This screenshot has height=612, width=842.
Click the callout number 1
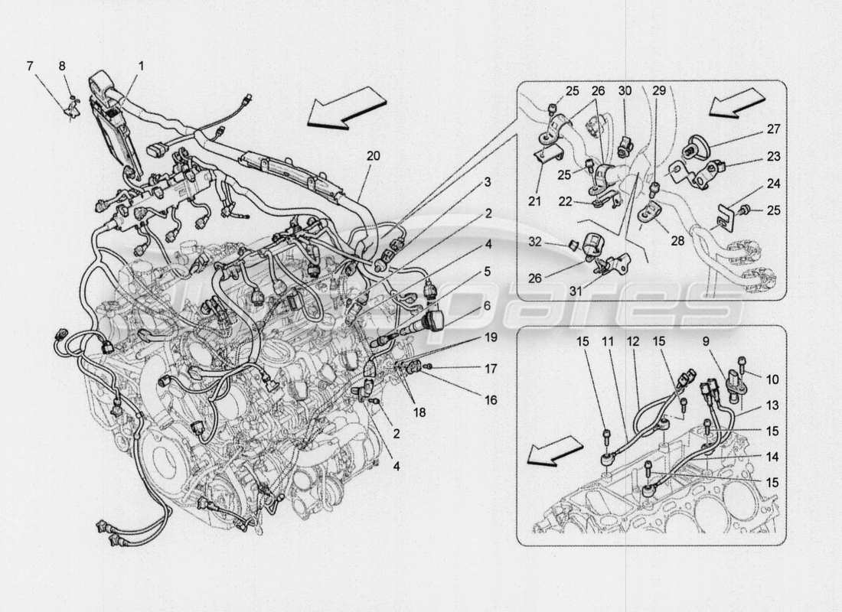point(141,67)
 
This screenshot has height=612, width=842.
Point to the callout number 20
point(373,156)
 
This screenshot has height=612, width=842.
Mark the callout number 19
point(490,337)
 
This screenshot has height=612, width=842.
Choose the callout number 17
point(490,369)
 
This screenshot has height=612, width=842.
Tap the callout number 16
point(490,399)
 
